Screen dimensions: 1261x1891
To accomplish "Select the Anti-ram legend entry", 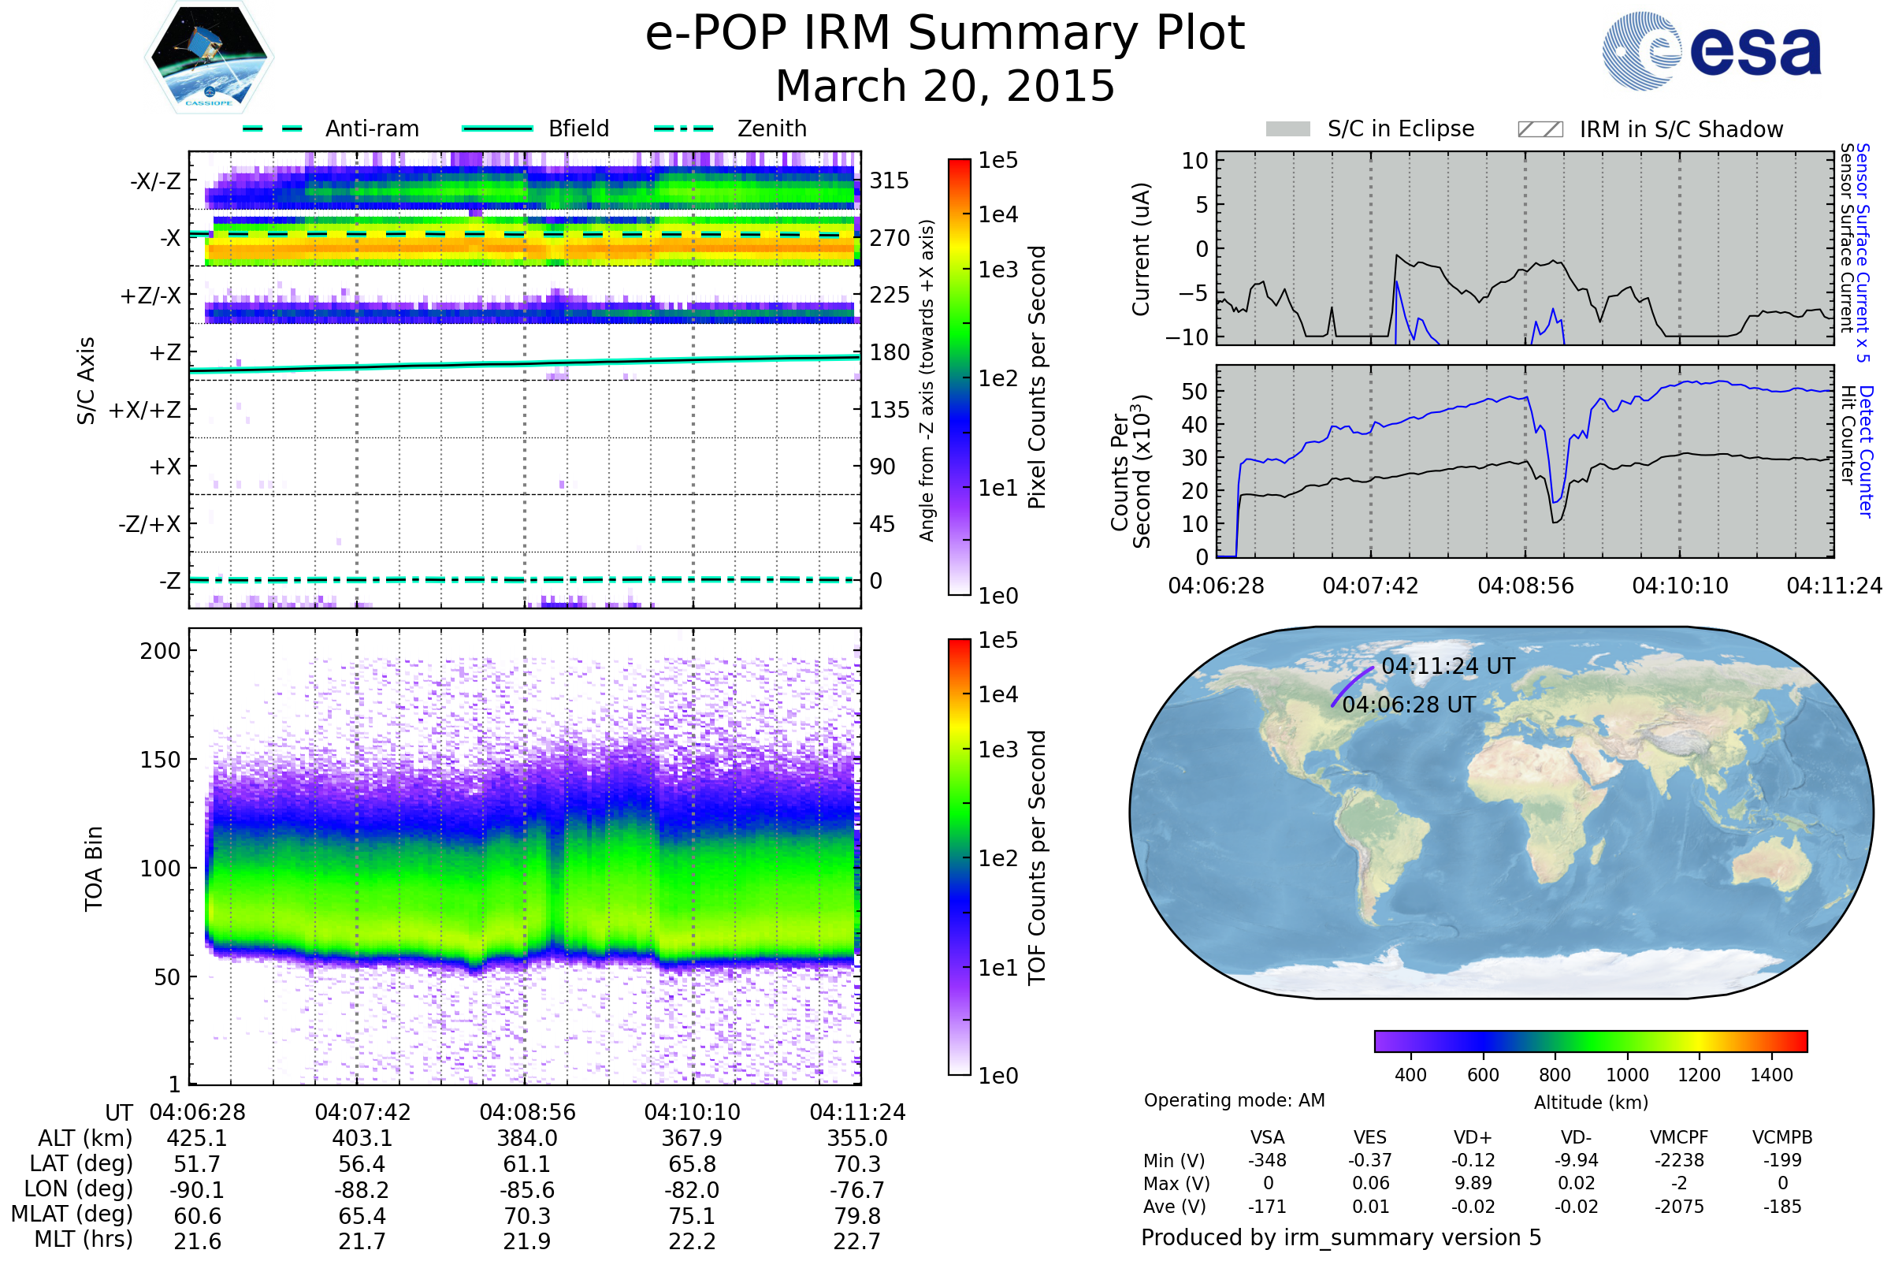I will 331,128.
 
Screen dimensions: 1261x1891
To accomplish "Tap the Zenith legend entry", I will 730,128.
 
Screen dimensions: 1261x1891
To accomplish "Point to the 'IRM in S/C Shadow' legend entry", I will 1650,129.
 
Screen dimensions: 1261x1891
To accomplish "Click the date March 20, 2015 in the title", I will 945,86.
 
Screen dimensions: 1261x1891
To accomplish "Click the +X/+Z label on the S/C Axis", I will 145,410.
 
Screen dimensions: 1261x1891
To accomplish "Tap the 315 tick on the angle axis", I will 890,180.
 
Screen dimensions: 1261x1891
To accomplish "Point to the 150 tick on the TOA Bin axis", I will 160,760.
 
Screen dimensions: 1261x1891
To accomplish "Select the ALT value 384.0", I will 526,1138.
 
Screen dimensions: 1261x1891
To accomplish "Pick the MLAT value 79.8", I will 857,1216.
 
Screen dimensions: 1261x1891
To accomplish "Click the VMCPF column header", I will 1679,1137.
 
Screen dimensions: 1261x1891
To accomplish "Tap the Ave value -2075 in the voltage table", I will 1679,1207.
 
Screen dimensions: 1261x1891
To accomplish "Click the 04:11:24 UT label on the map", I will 1448,666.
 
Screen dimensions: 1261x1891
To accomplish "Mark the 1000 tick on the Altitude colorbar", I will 1626,1075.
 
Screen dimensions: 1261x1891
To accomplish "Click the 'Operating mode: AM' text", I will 1234,1100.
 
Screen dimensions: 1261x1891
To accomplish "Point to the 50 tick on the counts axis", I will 1194,392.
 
